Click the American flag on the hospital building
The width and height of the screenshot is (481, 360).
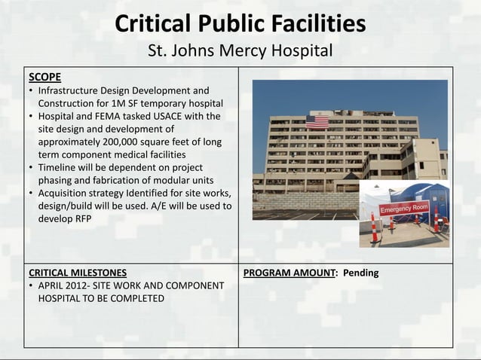point(317,121)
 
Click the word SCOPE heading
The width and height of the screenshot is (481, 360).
point(44,77)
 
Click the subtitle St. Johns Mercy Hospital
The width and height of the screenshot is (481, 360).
point(240,52)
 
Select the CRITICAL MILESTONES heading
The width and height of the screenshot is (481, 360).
point(77,273)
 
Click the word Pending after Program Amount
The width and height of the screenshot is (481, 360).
point(361,273)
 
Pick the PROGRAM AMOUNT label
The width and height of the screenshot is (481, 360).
point(290,273)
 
